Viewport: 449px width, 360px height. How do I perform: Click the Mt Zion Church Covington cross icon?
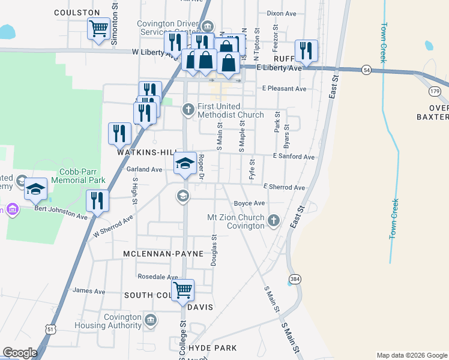click(x=274, y=220)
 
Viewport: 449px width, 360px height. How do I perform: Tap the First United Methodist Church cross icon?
click(x=188, y=109)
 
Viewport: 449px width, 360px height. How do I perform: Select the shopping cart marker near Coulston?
click(x=98, y=28)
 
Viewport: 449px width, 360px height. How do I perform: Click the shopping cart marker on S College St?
click(x=182, y=290)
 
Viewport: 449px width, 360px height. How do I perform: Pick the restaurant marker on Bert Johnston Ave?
click(x=97, y=200)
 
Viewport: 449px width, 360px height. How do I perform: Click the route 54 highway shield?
click(x=366, y=71)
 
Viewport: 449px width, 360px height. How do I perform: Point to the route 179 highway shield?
click(x=435, y=91)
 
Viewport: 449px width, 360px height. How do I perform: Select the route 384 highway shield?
click(x=295, y=279)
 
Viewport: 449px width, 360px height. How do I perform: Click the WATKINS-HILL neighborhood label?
click(x=142, y=153)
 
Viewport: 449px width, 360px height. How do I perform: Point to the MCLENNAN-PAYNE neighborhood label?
click(x=159, y=254)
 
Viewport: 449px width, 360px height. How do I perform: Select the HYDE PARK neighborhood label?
click(x=212, y=348)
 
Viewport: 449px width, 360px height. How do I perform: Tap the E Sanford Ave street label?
click(x=293, y=157)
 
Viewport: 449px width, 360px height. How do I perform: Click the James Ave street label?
click(x=88, y=291)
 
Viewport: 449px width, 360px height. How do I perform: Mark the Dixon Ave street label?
click(x=282, y=13)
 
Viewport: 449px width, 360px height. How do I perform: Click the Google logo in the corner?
click(x=19, y=353)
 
